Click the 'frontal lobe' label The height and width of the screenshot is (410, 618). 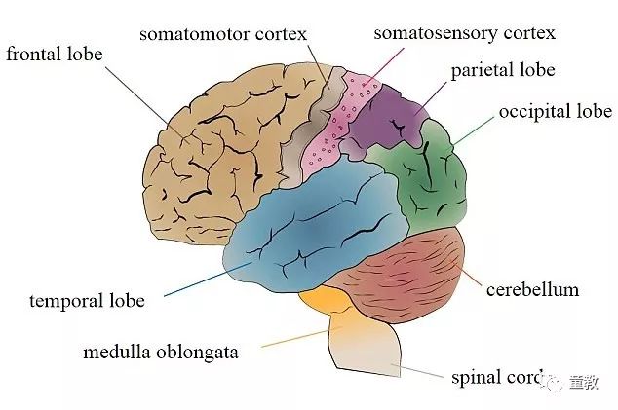point(54,53)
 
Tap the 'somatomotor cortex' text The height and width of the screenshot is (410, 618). point(222,34)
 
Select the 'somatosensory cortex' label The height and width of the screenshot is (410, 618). point(465,33)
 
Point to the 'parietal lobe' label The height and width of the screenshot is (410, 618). point(502,70)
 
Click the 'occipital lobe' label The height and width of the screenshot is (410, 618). point(555,111)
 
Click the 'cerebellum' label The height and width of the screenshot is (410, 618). point(532,289)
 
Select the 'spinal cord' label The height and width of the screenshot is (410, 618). point(492,376)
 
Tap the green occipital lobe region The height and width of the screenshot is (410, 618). point(421,180)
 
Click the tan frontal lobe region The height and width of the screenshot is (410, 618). point(214,156)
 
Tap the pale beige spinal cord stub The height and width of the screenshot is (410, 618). point(366,351)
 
